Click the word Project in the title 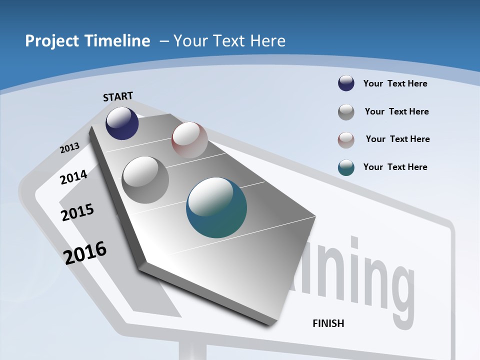pos(51,41)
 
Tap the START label pos(118,96)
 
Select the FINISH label pos(328,323)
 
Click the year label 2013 pos(69,148)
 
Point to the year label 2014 pos(73,177)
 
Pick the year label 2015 pos(77,212)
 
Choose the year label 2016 pos(85,252)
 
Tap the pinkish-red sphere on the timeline pos(189,140)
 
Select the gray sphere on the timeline pos(145,179)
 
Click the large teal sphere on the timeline pos(216,207)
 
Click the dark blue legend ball pos(346,83)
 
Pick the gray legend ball pos(346,111)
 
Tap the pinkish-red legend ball pos(346,139)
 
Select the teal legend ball pos(346,167)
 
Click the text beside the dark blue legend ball pos(395,83)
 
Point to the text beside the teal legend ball pos(395,167)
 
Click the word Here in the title pos(267,41)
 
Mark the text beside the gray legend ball pos(396,111)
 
